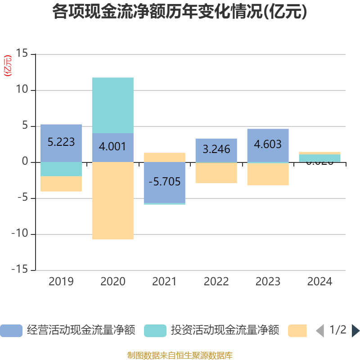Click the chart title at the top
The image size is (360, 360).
(180, 12)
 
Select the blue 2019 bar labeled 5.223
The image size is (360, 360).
(61, 143)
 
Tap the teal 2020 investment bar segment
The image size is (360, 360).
(113, 105)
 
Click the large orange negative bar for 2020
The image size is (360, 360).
(113, 201)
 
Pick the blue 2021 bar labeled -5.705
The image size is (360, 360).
(165, 182)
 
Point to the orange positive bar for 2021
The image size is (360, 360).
(165, 157)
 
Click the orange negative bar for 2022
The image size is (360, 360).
(216, 173)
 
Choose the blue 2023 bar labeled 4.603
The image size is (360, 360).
(268, 145)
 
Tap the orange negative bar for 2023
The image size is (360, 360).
(268, 174)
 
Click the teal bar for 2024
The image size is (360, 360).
(320, 158)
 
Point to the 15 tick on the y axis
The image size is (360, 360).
(22, 54)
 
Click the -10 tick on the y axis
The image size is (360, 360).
(20, 234)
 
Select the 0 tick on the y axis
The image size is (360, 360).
(25, 162)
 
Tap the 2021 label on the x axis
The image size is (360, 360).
(165, 282)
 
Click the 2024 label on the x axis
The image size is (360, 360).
(320, 282)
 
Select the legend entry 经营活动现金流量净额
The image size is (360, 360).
(67, 330)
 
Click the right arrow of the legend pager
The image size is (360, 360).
(355, 330)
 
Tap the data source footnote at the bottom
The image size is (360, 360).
(180, 355)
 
